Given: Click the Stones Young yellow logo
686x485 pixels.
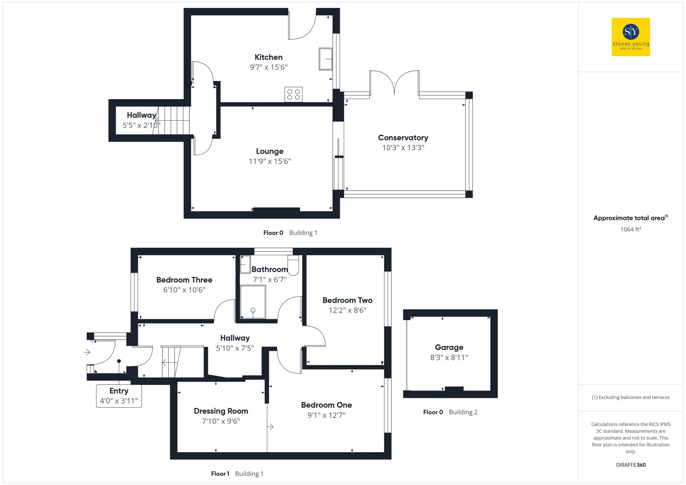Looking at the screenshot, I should [630, 37].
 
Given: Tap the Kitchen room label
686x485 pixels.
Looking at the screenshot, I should [269, 57].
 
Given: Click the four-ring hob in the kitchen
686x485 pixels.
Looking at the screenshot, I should [293, 95].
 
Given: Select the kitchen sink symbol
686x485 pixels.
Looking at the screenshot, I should [326, 59].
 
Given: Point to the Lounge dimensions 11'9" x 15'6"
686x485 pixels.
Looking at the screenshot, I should [270, 161].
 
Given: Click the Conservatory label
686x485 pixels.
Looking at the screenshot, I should [403, 138].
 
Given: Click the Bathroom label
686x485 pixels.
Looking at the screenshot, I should [270, 269].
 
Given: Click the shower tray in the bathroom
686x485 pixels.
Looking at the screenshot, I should [253, 302].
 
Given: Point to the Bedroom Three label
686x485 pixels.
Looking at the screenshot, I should [184, 280].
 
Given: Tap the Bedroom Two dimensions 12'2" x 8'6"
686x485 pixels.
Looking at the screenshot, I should [347, 310].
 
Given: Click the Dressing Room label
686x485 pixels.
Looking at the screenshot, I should [221, 411].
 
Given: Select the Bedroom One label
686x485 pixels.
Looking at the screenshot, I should [327, 405].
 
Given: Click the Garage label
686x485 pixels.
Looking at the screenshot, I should [449, 348].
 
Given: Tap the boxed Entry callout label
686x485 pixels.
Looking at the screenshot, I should [119, 396].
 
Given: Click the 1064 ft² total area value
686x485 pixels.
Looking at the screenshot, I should [630, 229].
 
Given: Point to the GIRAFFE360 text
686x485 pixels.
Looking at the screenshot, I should [630, 465].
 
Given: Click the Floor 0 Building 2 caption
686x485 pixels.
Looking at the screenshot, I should [450, 412].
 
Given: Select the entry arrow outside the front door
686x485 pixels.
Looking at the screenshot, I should [87, 352].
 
